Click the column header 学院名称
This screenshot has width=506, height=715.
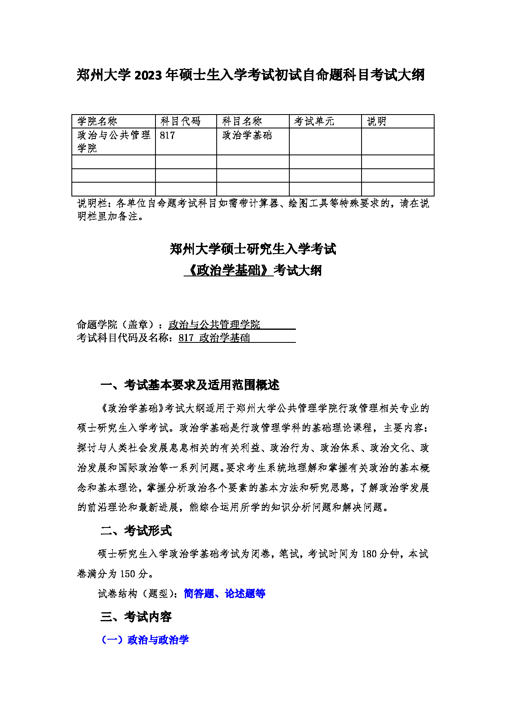pos(97,121)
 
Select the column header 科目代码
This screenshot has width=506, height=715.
pos(180,121)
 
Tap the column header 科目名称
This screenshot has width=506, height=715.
pos(242,121)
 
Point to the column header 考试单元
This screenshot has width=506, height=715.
pos(314,121)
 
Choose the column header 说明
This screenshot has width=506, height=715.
pos(376,121)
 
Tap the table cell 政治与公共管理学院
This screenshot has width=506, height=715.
pos(113,141)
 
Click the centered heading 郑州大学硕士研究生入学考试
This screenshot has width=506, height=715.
pos(253,249)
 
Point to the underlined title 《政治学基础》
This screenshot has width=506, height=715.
pos(229,270)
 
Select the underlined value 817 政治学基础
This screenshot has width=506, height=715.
pos(214,338)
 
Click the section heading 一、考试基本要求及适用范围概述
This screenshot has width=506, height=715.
pos(190,385)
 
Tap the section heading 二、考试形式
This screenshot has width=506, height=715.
pos(136,531)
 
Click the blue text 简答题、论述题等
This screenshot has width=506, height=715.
pos(224,594)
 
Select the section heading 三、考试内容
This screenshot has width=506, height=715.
pos(136,617)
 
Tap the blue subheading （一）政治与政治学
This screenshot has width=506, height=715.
pos(145,640)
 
